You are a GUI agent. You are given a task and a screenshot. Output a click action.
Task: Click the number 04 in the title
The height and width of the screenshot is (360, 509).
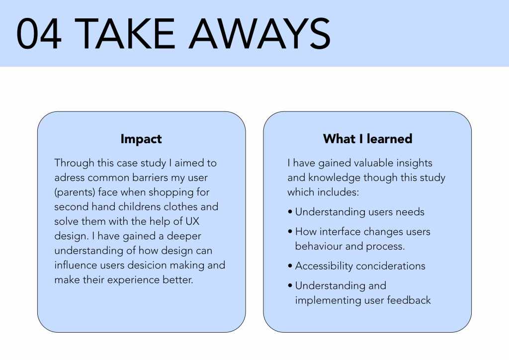click(x=39, y=33)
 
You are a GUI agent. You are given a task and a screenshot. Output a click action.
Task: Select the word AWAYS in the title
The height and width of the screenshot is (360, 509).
click(x=260, y=33)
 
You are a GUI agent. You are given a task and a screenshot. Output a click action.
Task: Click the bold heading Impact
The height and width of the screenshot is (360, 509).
click(x=141, y=139)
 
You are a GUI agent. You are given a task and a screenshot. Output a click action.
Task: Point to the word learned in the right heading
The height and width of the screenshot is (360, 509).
click(x=390, y=139)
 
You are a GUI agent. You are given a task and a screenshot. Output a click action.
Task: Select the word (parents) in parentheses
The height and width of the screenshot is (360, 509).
click(x=75, y=192)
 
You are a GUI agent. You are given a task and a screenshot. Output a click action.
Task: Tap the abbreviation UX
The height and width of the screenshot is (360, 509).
click(x=192, y=221)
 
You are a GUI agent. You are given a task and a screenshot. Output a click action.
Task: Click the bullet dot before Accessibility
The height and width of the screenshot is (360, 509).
click(x=290, y=266)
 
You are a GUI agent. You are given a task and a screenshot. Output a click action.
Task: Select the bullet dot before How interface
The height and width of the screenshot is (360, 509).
click(x=290, y=232)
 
